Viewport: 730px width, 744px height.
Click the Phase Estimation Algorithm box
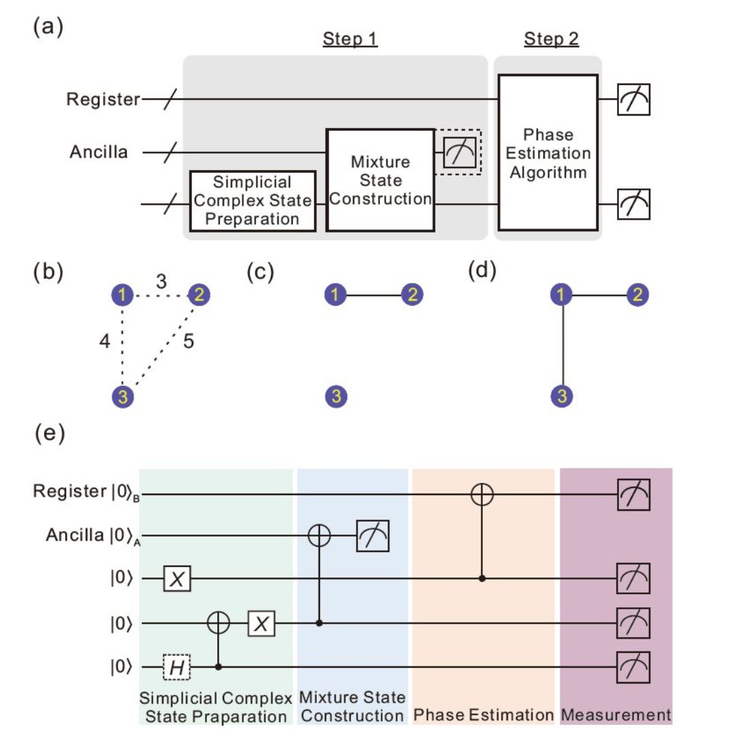click(x=548, y=152)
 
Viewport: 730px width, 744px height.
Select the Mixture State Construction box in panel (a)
click(x=380, y=180)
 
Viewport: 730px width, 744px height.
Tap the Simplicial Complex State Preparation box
click(x=253, y=201)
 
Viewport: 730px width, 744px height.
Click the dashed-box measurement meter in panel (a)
click(x=458, y=152)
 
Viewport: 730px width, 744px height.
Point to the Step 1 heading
click(x=350, y=39)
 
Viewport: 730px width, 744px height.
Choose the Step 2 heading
click(x=551, y=39)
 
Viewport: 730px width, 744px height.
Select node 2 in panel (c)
click(x=413, y=295)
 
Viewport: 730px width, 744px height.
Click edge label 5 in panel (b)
click(x=189, y=341)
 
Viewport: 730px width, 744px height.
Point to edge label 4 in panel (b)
click(x=104, y=341)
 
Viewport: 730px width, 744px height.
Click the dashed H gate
click(x=177, y=668)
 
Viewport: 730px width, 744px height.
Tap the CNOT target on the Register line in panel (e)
click(x=483, y=495)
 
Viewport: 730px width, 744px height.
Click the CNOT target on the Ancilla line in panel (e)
click(x=320, y=536)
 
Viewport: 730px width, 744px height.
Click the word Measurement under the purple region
click(x=616, y=715)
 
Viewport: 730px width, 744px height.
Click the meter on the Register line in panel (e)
click(x=633, y=495)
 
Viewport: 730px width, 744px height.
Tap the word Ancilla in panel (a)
click(x=99, y=152)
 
